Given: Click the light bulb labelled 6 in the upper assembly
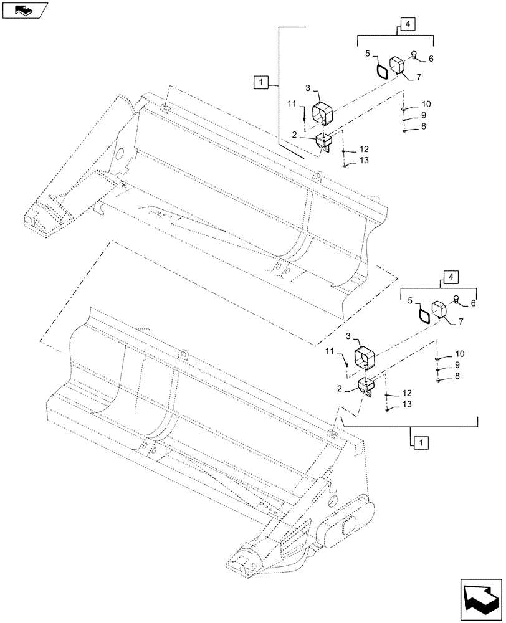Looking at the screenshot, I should pyautogui.click(x=415, y=57).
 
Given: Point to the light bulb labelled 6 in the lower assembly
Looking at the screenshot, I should pyautogui.click(x=457, y=300).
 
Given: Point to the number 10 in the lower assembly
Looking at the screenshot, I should pyautogui.click(x=460, y=353).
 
